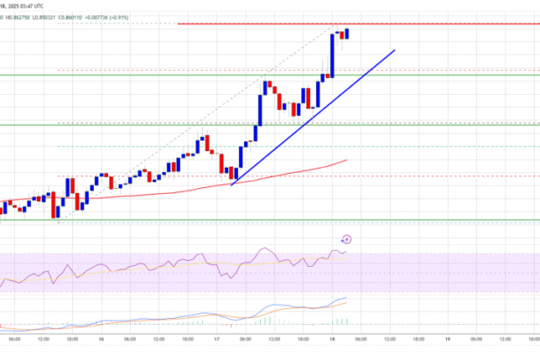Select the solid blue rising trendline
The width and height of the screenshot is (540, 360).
coord(351,80)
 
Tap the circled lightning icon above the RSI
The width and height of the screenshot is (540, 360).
coord(346,238)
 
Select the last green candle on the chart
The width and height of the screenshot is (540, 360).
coord(348,33)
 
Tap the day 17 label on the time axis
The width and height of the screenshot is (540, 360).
coord(216,339)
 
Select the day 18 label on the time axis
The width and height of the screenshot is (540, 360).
coord(332,339)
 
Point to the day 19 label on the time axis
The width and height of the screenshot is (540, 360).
coord(447,339)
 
